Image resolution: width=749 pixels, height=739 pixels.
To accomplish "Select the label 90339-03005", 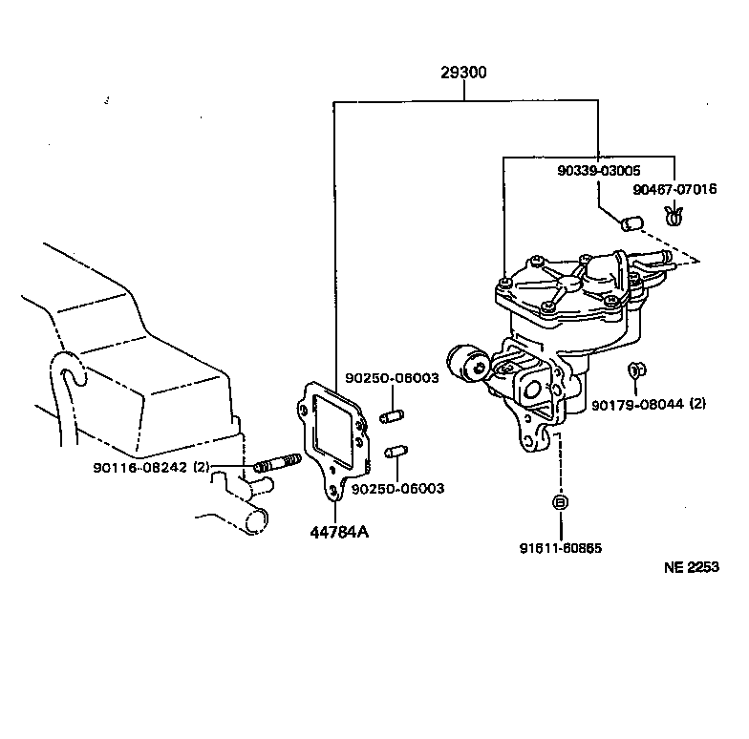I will pos(599,170).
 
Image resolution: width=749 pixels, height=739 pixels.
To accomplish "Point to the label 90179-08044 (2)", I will pos(648,404).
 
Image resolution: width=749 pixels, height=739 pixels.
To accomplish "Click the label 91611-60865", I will pos(561,548).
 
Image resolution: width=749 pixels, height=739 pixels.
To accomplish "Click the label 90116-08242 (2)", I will pos(152,467).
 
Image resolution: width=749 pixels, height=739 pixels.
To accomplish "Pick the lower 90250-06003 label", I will pos(397,488).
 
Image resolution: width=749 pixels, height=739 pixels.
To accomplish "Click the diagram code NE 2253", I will pos(692,566).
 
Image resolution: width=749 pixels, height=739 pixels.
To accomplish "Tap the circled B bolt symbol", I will pos(561,502).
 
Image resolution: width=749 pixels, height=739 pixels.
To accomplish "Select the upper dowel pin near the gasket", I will pos(392,416).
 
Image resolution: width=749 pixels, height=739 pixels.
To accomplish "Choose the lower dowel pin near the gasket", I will pos(396,451).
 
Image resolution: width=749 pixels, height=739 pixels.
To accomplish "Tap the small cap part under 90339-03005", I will pos(629,223).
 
